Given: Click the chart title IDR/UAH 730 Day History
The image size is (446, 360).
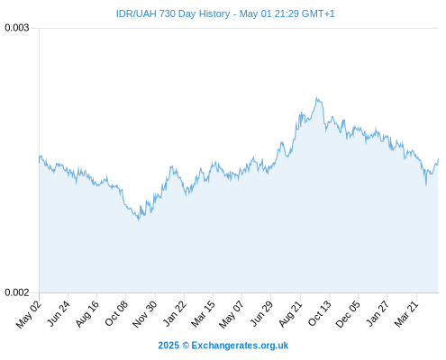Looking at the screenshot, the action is tap(173, 13).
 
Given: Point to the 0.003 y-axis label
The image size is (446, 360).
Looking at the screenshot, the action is tap(17, 28).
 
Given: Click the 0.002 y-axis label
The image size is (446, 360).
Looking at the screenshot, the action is tap(17, 292).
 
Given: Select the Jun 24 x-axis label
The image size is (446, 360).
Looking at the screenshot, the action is tap(59, 313).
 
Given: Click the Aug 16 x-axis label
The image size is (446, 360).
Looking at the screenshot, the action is tap(87, 314).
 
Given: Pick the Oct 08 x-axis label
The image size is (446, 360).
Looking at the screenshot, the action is tap(116, 313).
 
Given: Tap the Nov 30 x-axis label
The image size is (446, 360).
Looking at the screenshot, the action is tap(145, 314).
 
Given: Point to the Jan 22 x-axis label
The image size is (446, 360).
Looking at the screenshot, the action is tap(175, 313).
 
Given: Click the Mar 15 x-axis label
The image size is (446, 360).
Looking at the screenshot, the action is tap(203, 314).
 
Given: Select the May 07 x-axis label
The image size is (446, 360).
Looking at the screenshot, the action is tap(232, 314).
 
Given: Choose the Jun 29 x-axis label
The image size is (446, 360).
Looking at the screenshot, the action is tap(261, 313).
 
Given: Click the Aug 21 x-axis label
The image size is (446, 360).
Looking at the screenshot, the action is tap(290, 314).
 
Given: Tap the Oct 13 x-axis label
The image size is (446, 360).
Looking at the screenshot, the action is tap(320, 313).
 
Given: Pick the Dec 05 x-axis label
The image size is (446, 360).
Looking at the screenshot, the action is tap(348, 314).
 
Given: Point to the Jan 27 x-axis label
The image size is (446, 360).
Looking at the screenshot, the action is tap(378, 313).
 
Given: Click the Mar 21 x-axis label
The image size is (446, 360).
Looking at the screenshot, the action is tap(406, 314).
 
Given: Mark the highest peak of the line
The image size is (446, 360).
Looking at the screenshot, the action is tap(317, 97).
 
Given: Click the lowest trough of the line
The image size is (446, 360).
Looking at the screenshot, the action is tap(139, 220).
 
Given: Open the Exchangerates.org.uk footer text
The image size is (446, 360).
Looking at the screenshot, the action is tap(240, 346).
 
